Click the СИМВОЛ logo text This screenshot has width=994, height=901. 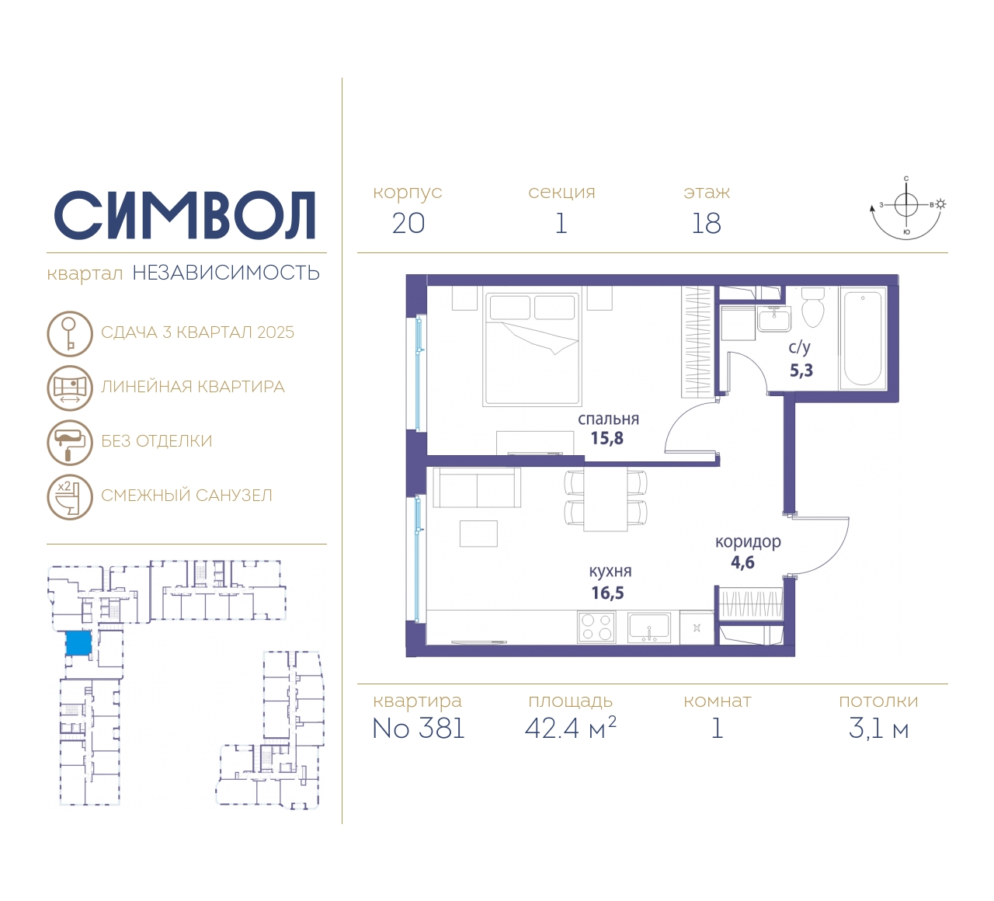pyautogui.click(x=184, y=215)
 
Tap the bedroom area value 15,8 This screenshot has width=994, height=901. pyautogui.click(x=607, y=438)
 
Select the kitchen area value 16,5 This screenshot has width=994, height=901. pyautogui.click(x=607, y=593)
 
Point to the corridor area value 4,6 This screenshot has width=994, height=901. pyautogui.click(x=742, y=562)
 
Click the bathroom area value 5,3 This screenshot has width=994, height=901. pyautogui.click(x=801, y=370)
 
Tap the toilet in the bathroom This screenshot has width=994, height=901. pyautogui.click(x=812, y=308)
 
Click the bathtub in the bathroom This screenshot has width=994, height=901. pyautogui.click(x=863, y=339)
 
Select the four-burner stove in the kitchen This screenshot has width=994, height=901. pyautogui.click(x=596, y=628)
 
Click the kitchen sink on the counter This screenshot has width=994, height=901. pyautogui.click(x=649, y=628)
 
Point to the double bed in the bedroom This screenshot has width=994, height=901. pyautogui.click(x=533, y=349)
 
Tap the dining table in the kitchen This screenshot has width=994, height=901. pyautogui.click(x=606, y=499)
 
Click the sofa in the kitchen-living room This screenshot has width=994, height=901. pyautogui.click(x=477, y=488)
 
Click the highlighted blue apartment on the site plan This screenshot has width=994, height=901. pyautogui.click(x=78, y=643)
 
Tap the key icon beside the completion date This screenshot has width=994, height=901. pyautogui.click(x=70, y=334)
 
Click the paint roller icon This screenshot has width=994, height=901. pyautogui.click(x=70, y=443)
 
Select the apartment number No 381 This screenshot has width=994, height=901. pyautogui.click(x=419, y=729)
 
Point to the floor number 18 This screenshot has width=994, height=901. pyautogui.click(x=706, y=224)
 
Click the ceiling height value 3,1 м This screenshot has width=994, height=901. pyautogui.click(x=878, y=729)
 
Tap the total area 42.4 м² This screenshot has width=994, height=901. pyautogui.click(x=571, y=728)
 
